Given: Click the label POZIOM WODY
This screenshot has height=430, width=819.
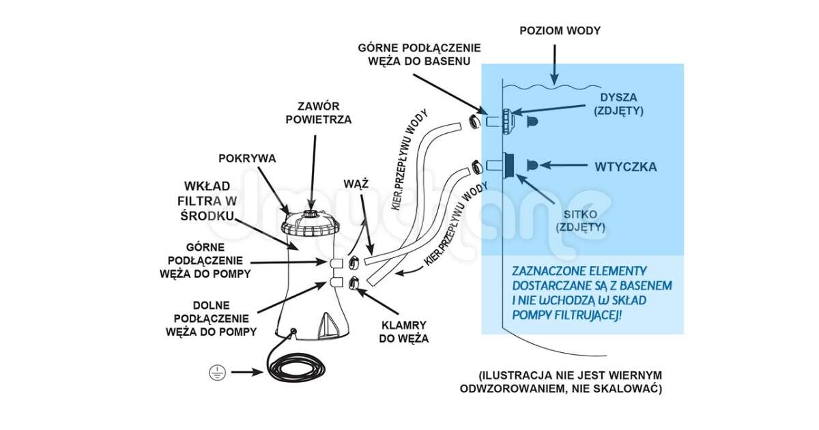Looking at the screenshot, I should coord(560,31).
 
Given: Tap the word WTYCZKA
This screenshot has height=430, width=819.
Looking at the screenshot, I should coord(625,166).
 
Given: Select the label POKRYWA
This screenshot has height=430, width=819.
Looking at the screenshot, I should coord(247,158).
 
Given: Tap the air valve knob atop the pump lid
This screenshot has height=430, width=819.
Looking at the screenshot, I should coord(311,214).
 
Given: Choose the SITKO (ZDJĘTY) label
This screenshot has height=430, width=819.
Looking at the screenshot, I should coord(580,221).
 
